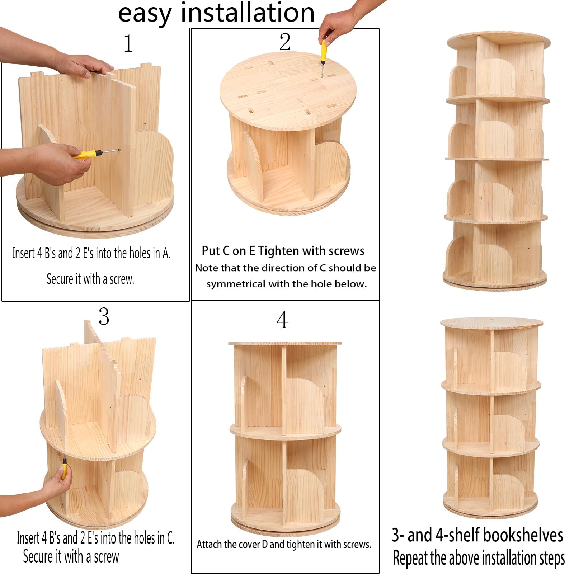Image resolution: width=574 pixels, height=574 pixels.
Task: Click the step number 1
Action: point(128,44)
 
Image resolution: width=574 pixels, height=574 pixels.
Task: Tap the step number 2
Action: point(285,42)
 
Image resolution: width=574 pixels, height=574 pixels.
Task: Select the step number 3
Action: point(104,316)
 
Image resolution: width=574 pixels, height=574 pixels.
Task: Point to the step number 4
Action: point(282,320)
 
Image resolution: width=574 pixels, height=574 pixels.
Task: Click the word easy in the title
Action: point(145,14)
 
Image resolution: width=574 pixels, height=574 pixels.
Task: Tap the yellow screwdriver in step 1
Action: point(96,154)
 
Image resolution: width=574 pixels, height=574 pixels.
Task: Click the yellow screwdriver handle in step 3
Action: point(64,468)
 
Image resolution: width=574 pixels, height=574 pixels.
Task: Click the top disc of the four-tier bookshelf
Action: point(498,41)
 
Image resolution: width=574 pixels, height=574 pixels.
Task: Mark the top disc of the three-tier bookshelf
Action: point(491,323)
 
